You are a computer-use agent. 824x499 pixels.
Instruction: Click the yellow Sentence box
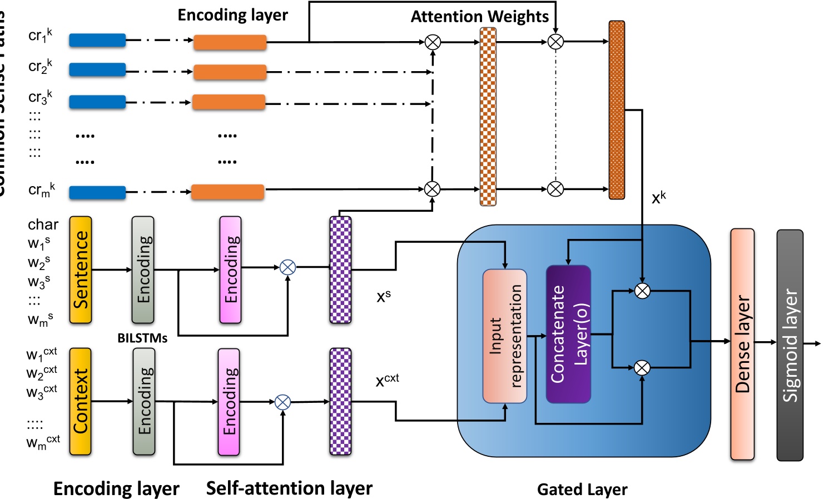81,270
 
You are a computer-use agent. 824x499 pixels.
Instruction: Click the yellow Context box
81,402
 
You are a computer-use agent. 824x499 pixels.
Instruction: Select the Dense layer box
742,344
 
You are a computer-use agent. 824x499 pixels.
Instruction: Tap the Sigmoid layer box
790,345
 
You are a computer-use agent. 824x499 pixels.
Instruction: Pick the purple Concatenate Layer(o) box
568,334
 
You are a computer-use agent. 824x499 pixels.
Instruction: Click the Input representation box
505,336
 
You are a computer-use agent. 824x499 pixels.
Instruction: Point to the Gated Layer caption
582,490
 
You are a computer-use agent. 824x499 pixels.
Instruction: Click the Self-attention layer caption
289,488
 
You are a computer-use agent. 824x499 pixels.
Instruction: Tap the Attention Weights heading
480,17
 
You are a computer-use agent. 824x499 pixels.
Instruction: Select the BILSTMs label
142,338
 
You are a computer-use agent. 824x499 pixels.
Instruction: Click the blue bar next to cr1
97,41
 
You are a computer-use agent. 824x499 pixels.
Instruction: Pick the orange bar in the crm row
227,192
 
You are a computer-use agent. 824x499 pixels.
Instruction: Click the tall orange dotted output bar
617,110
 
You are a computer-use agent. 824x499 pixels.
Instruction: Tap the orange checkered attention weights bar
488,117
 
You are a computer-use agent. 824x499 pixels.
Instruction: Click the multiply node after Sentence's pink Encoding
287,267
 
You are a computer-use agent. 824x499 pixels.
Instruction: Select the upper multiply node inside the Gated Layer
642,291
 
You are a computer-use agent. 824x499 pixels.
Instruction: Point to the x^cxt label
387,380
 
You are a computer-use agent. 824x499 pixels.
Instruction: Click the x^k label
658,197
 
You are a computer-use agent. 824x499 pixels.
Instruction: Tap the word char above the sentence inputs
43,224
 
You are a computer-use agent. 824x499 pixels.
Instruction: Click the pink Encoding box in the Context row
229,402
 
